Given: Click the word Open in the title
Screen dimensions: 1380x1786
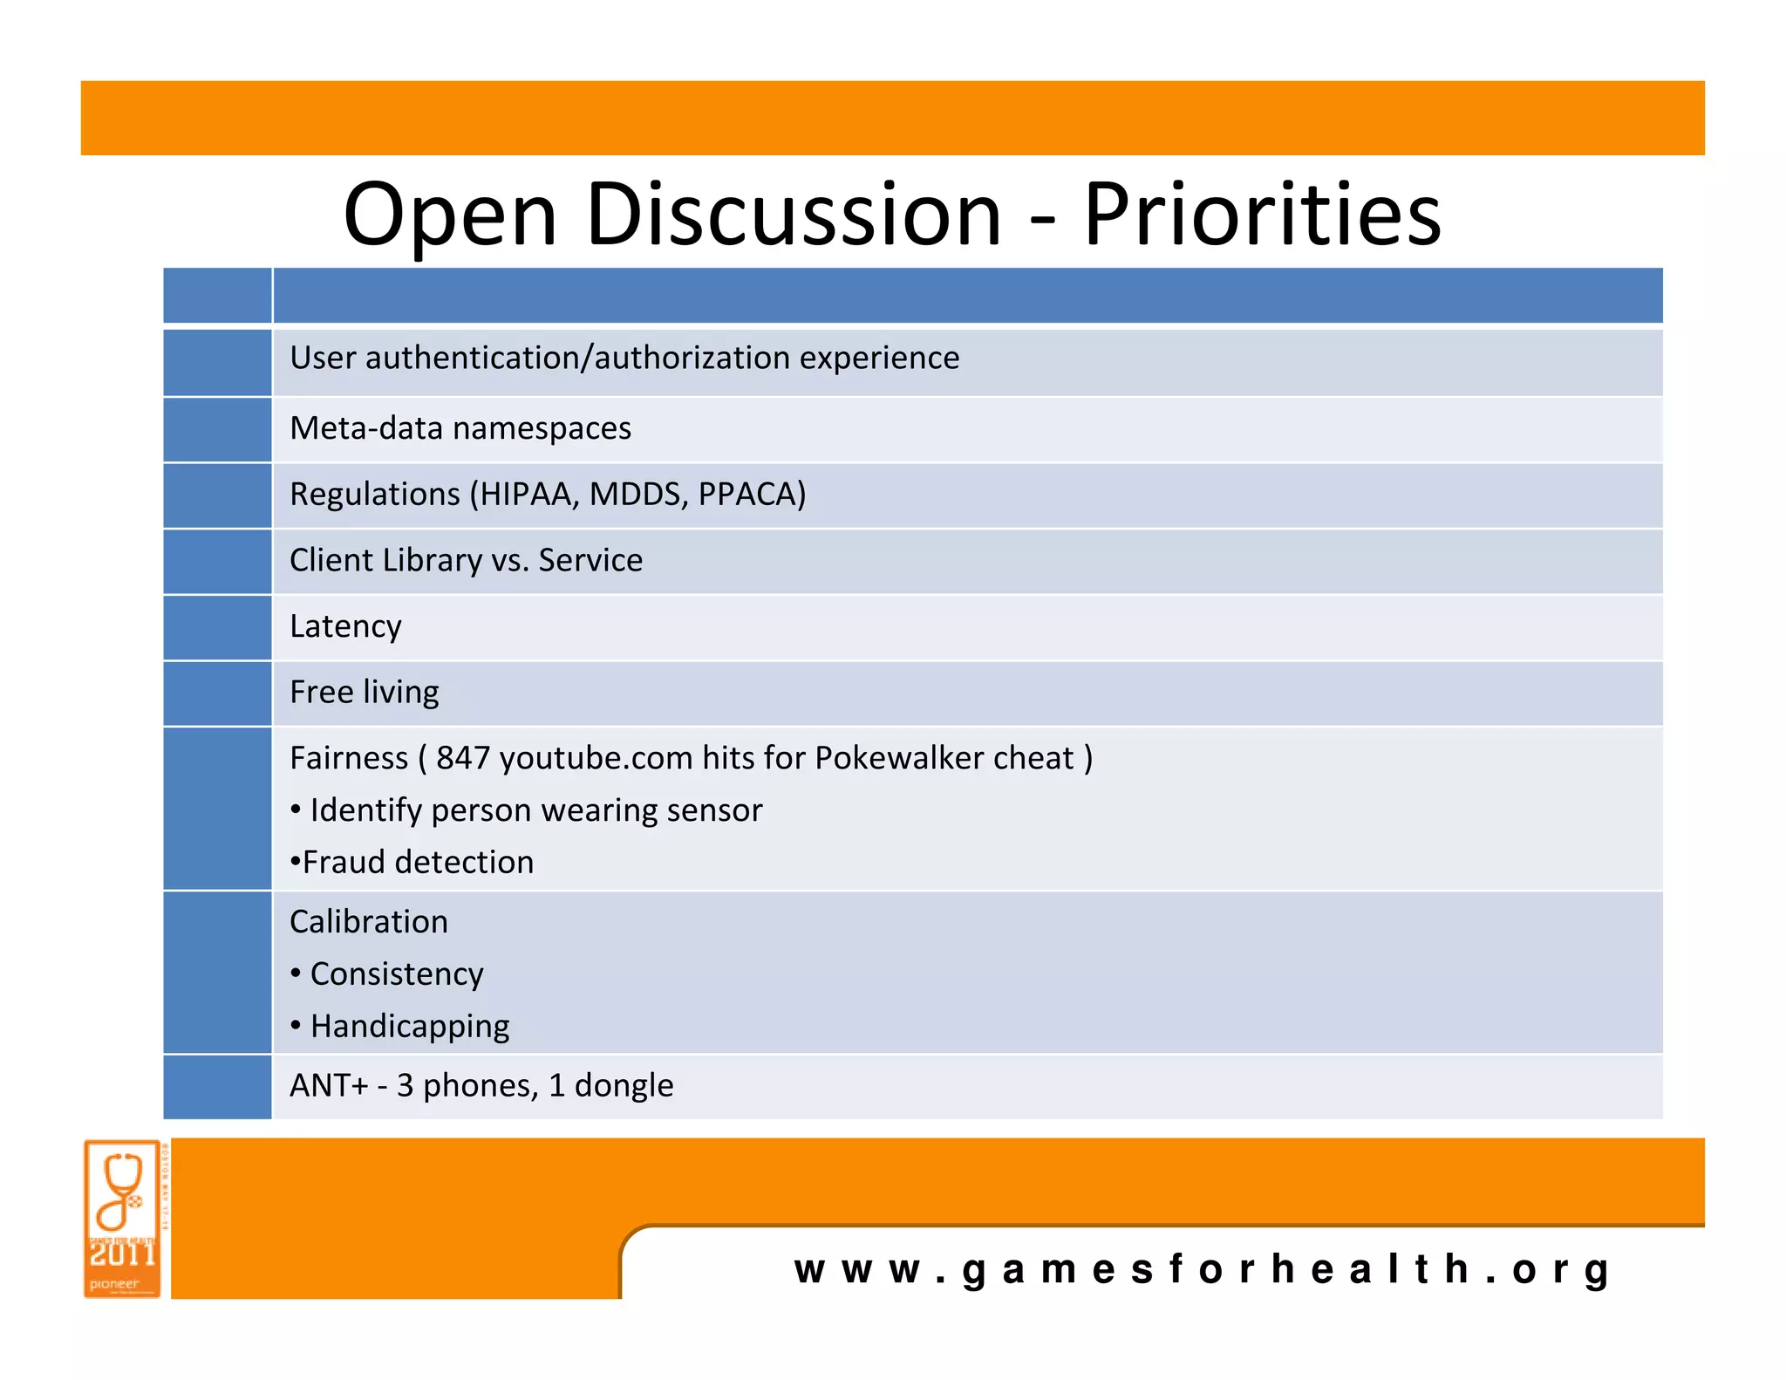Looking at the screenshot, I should [x=449, y=215].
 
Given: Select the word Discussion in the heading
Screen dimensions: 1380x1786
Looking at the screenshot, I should [x=793, y=215].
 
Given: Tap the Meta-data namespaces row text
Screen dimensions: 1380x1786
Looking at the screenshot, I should [x=460, y=428].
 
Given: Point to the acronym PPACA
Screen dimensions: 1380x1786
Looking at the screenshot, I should [x=751, y=495].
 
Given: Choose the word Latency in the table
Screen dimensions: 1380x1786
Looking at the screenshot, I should [x=345, y=626].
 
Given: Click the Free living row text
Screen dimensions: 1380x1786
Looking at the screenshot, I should [x=364, y=692].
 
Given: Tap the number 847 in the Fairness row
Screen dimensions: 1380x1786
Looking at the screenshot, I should [x=462, y=758].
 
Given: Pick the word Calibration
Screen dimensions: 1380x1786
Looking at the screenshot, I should [x=368, y=922].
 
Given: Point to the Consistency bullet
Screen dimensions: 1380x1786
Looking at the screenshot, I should [x=396, y=974].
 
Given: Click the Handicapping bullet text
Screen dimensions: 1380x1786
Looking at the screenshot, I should [x=409, y=1027].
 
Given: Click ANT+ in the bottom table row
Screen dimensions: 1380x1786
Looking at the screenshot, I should [x=329, y=1085].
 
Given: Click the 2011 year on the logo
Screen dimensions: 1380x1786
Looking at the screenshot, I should [x=122, y=1255].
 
